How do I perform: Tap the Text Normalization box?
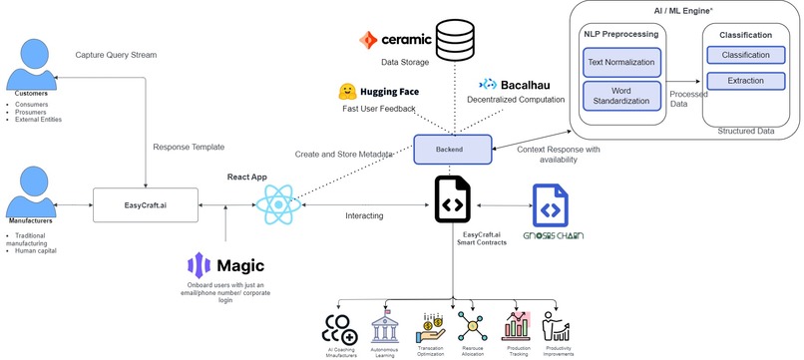click(x=621, y=63)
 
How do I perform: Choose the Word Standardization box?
click(x=621, y=97)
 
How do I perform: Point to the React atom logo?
click(x=276, y=205)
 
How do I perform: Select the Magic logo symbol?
click(x=198, y=266)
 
